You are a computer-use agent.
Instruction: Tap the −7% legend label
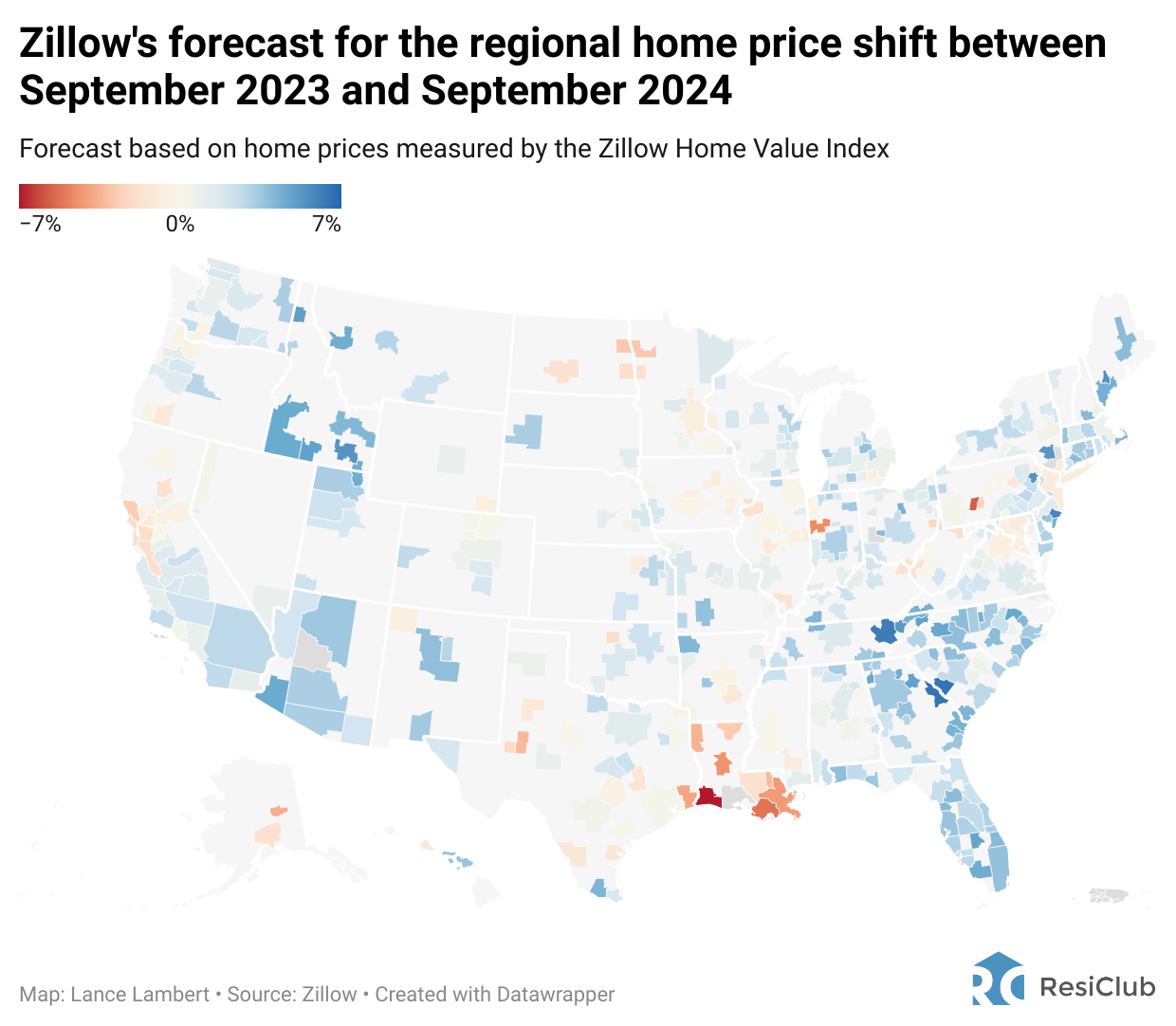(x=40, y=225)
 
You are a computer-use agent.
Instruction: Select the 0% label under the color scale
(x=180, y=225)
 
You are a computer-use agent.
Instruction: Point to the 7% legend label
(x=326, y=225)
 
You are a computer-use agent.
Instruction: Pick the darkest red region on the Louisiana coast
(x=707, y=797)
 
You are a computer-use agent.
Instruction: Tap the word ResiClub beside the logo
(x=1097, y=987)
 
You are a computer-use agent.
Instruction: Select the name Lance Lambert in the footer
(x=139, y=995)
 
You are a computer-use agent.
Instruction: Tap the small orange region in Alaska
(x=278, y=811)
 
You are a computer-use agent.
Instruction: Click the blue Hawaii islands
(x=458, y=860)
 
